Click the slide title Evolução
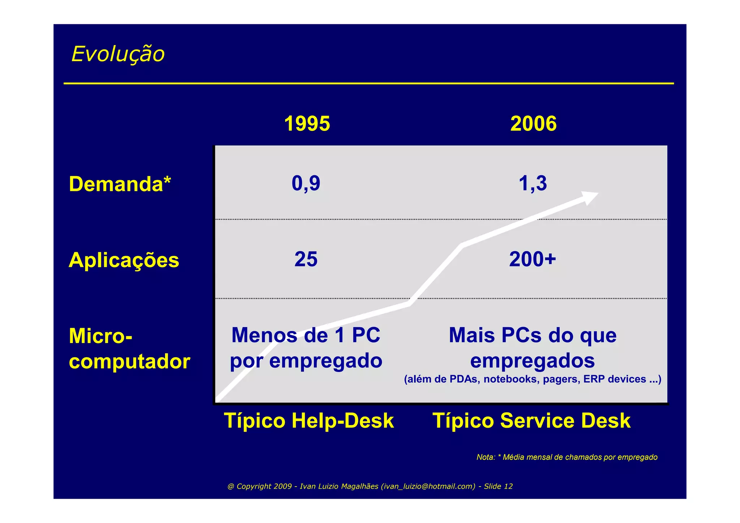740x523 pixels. click(118, 54)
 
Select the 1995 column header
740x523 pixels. click(307, 124)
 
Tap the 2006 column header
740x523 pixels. click(533, 124)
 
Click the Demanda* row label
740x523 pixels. click(120, 184)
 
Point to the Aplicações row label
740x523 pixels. click(124, 260)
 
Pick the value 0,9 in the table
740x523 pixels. click(306, 183)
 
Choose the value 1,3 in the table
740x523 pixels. click(533, 183)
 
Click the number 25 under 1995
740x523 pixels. click(306, 259)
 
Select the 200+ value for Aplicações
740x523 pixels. click(533, 259)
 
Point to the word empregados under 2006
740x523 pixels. click(533, 361)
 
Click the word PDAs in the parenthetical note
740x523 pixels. click(465, 379)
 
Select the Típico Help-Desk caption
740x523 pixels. click(309, 421)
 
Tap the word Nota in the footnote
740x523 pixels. click(485, 457)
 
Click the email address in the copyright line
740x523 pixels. click(428, 486)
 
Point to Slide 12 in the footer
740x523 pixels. click(498, 486)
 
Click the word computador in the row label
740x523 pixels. click(129, 361)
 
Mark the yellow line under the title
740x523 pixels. click(369, 83)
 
